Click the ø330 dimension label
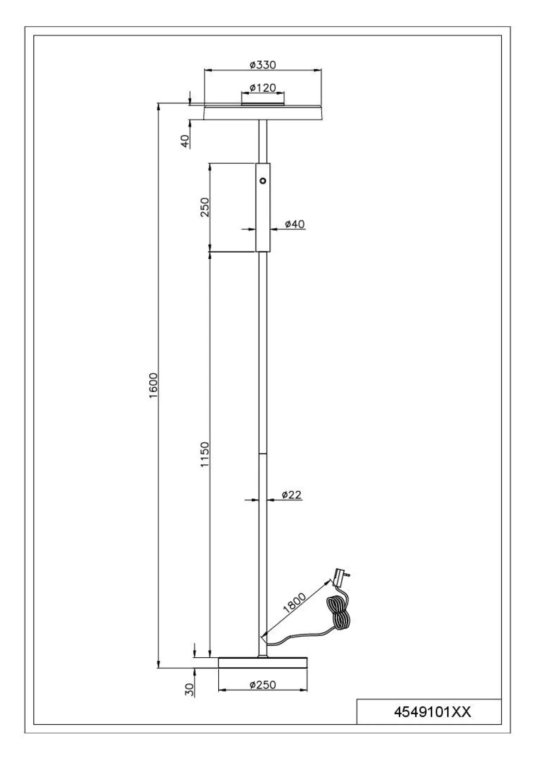pyautogui.click(x=262, y=65)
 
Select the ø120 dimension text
pyautogui.click(x=262, y=88)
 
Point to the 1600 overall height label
pyautogui.click(x=154, y=385)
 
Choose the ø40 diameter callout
pyautogui.click(x=295, y=224)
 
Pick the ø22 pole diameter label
pyautogui.click(x=292, y=495)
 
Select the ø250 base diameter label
pyautogui.click(x=262, y=685)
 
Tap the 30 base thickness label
pyautogui.click(x=189, y=689)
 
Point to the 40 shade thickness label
pyautogui.click(x=184, y=141)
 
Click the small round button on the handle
pyautogui.click(x=263, y=181)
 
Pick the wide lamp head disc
pyautogui.click(x=262, y=112)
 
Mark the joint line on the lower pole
pyautogui.click(x=262, y=453)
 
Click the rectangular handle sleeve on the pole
pyautogui.click(x=263, y=207)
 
